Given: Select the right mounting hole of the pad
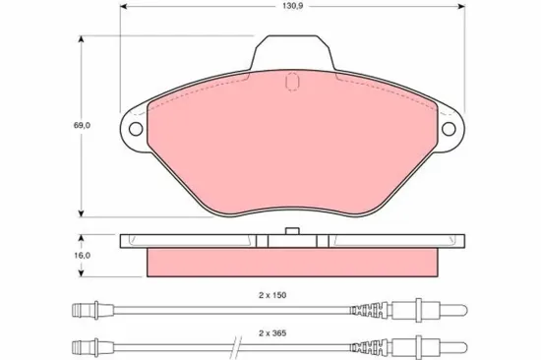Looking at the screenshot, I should click(451, 128).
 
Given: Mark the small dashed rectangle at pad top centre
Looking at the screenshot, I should click(291, 85).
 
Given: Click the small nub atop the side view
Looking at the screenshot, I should click(291, 231).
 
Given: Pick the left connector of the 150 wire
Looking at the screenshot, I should click(89, 314).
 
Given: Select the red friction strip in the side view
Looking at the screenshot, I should click(291, 262).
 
